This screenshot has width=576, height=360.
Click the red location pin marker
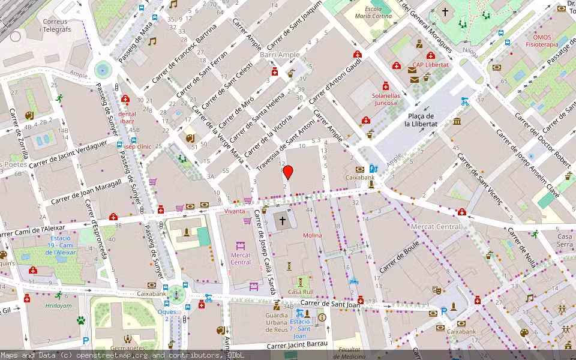[288, 172]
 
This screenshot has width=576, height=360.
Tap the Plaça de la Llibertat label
[421, 119]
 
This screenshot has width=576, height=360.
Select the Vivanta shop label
[235, 211]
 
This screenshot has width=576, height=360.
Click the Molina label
[312, 235]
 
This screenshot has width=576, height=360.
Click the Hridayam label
[58, 305]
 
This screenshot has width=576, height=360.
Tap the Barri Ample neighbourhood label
[280, 55]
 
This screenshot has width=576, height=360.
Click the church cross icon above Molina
[283, 221]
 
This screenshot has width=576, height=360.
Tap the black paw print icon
[81, 320]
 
